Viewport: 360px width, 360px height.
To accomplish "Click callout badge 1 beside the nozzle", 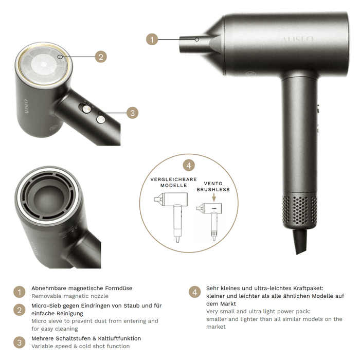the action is tap(152, 39).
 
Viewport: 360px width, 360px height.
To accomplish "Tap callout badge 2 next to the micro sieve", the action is tap(101, 57).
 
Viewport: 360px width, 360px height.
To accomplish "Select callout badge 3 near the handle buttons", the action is tap(133, 113).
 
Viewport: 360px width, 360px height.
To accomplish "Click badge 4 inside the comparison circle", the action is tap(189, 165).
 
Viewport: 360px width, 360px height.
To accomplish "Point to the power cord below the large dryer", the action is tap(300, 241).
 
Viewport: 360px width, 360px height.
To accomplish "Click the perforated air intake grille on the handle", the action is tap(300, 209).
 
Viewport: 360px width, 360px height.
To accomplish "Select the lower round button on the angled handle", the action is tap(101, 119).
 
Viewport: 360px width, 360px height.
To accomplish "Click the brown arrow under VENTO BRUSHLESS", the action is tap(214, 197).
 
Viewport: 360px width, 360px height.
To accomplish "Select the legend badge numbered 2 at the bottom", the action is tap(20, 310).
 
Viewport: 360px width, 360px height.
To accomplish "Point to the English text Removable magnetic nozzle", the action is tap(70, 296).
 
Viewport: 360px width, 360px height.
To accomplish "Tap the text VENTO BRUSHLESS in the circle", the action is tap(213, 186).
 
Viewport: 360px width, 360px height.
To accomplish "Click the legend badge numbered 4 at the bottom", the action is tap(195, 292).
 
